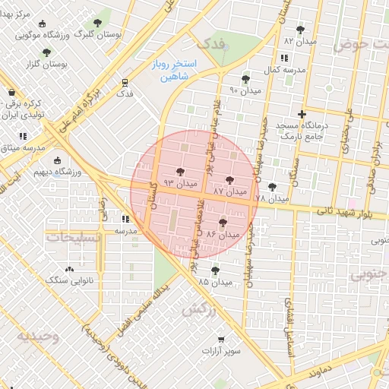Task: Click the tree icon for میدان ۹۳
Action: coord(180,172)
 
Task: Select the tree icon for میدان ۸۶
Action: coord(222,223)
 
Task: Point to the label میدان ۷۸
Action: coord(271,198)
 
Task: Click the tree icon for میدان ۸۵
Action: coord(215,270)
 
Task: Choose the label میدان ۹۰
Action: coord(245,91)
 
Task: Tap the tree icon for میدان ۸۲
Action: coord(300,30)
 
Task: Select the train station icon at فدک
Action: coord(124,82)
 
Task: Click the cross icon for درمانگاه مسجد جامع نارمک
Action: coord(302,114)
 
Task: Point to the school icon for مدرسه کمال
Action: coord(283,58)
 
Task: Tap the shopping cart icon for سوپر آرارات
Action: coord(221,340)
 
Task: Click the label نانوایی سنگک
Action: coord(69,281)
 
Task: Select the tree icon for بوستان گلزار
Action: coord(46,52)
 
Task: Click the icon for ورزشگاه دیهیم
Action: coord(58,160)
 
